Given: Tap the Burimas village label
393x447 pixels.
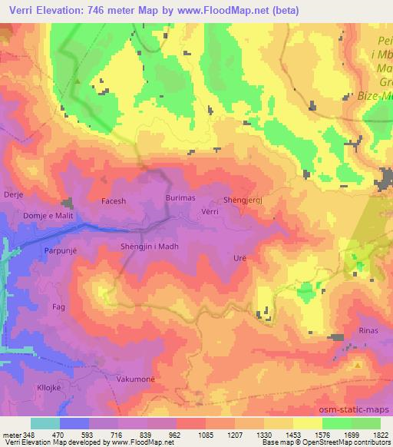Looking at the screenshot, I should click(x=179, y=198).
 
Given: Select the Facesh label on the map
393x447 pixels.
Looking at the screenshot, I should click(x=114, y=201).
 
